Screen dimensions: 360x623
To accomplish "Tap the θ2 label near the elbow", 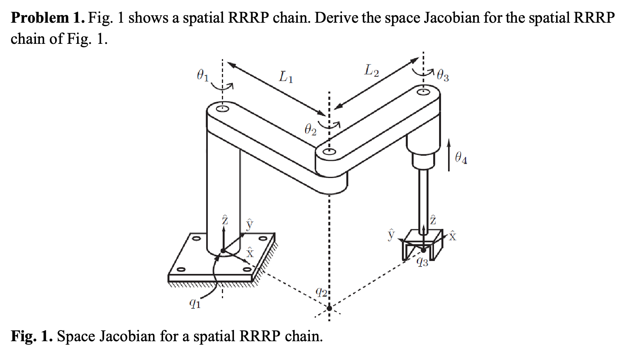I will click(310, 130).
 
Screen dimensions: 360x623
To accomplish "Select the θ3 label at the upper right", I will click(443, 75).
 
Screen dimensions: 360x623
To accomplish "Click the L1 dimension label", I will click(286, 77).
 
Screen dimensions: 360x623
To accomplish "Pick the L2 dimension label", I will click(371, 70).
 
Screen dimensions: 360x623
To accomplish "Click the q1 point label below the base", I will click(194, 303).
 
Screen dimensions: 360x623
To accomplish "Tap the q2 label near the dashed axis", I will click(321, 292).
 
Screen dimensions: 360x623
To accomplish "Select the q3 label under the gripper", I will click(422, 262).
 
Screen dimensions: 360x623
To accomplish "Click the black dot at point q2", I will click(329, 308).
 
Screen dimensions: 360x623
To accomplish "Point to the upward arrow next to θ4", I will click(449, 155).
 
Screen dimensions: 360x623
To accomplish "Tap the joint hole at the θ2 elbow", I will click(329, 152).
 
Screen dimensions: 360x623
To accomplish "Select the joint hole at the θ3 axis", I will click(423, 92).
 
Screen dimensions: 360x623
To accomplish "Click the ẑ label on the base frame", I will click(224, 220).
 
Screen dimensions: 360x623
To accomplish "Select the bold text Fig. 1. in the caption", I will click(31, 336).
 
